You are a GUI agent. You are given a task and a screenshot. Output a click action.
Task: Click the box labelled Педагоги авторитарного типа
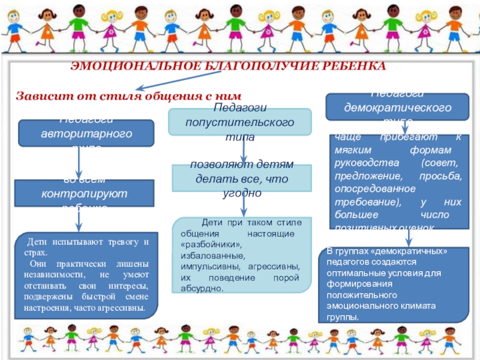[x=86, y=133]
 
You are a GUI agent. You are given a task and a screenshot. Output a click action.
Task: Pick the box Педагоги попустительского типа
[x=239, y=122]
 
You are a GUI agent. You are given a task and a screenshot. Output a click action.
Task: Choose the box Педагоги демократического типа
[x=397, y=107]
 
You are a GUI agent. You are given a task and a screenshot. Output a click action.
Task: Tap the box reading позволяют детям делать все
[x=242, y=178]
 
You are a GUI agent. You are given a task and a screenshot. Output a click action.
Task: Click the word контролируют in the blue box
[x=84, y=194]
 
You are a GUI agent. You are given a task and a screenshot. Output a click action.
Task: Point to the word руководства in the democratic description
[x=358, y=164]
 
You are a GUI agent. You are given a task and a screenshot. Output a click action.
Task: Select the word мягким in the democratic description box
[x=347, y=150]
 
